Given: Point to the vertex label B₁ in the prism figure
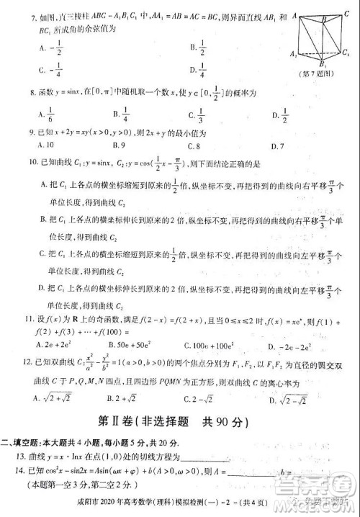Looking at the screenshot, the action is (x=321, y=66).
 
